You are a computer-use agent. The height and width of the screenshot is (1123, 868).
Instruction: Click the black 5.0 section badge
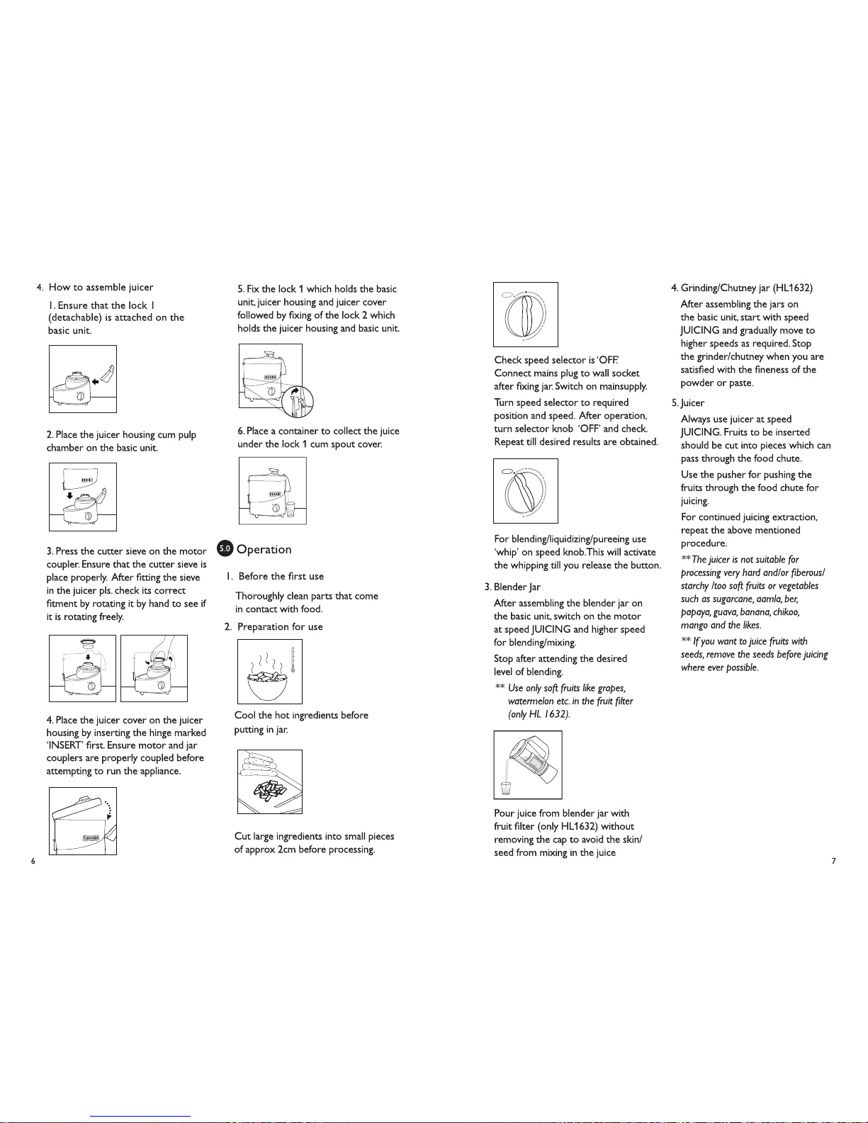tap(225, 549)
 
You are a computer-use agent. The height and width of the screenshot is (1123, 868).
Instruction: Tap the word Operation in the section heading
tap(264, 550)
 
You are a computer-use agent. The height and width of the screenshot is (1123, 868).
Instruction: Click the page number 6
tap(33, 861)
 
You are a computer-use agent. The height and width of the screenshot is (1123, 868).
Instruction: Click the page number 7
tap(833, 861)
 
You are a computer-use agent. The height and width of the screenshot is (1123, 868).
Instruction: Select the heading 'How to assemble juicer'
tap(101, 287)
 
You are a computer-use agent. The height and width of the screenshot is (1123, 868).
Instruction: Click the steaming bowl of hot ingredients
tap(264, 684)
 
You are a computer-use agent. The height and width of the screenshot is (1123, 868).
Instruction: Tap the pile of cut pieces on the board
tap(268, 792)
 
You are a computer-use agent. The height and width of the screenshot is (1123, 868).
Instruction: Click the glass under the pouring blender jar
tap(505, 787)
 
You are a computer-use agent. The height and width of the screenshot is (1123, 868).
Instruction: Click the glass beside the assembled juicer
tap(291, 509)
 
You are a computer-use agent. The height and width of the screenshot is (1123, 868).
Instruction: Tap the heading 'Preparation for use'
tap(280, 627)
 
